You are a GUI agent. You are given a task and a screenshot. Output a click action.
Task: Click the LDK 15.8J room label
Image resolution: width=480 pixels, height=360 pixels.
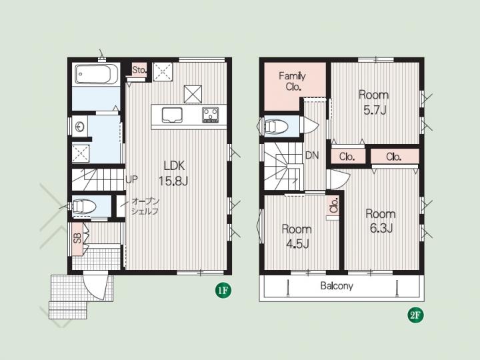tap(173, 173)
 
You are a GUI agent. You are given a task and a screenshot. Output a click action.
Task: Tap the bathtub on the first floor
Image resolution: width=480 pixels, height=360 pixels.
tap(96, 74)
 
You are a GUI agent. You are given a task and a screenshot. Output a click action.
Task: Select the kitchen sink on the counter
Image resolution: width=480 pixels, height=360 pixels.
tap(172, 115)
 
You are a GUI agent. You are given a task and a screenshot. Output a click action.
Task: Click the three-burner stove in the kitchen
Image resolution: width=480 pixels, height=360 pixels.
tap(210, 115)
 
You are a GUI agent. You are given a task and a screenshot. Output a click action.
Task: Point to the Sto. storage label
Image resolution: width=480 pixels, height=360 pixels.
tap(139, 70)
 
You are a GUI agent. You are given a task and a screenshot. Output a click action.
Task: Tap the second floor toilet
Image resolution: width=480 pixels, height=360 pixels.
tap(275, 126)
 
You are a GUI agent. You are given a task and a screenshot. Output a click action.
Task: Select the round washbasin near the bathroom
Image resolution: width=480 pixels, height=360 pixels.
tap(80, 126)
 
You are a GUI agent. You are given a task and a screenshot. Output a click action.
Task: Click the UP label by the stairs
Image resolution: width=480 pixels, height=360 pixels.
tap(131, 180)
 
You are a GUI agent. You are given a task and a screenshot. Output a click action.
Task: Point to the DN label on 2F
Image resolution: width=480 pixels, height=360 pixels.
tap(312, 155)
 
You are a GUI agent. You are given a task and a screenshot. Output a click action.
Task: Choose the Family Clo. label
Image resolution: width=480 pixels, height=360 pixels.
tap(293, 81)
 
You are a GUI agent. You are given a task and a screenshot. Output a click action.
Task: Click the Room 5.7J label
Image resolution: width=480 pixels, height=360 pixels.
tap(374, 102)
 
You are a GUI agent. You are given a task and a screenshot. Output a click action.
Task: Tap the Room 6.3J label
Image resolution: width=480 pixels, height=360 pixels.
tap(381, 221)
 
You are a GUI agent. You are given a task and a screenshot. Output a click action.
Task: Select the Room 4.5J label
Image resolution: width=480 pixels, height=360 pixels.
tap(297, 236)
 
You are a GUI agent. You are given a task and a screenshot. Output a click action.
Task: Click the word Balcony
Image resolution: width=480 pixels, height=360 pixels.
tap(337, 286)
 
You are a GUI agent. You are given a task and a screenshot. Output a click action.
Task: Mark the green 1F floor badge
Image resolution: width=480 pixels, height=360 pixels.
tap(223, 290)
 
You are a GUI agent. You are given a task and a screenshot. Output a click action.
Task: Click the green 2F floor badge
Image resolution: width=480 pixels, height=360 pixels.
tap(415, 315)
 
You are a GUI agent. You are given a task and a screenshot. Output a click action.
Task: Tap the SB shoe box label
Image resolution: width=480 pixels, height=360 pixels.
tap(78, 239)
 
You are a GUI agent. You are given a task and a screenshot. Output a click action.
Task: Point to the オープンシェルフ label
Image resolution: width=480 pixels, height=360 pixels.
tap(145, 206)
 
